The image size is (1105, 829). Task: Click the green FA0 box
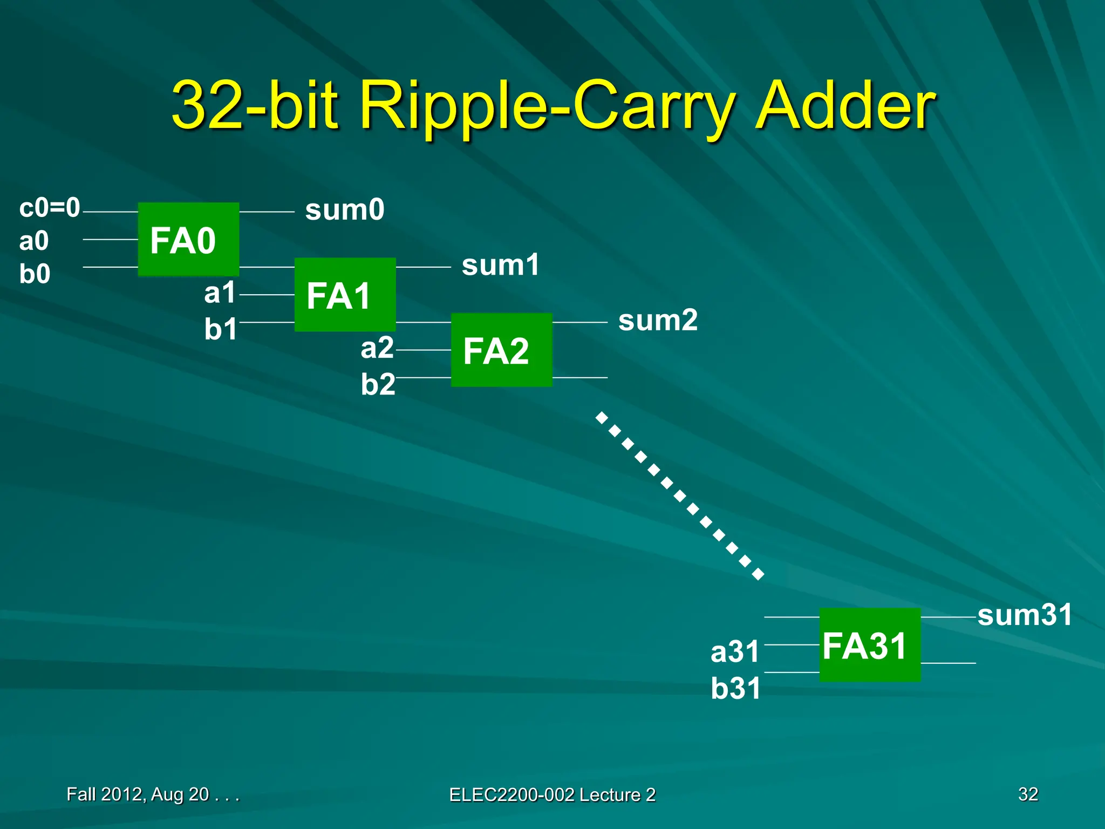coord(188,240)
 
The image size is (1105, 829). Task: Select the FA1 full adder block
coord(345,295)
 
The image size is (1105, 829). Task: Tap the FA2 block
coord(501,350)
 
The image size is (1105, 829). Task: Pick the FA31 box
coord(870,645)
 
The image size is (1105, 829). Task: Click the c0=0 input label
coord(50,208)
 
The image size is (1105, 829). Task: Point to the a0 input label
coord(34,241)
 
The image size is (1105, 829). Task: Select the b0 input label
coord(35,274)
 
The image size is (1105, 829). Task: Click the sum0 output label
coord(345,209)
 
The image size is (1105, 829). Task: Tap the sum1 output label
coord(500,265)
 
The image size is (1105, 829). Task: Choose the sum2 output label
coord(658,320)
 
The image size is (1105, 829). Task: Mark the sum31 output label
coord(1025,615)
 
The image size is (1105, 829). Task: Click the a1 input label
coord(220,293)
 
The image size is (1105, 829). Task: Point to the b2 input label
coord(378,384)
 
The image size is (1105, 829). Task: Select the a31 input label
coord(735,651)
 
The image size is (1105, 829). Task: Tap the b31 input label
coord(735,689)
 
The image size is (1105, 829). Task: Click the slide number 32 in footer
coord(1028,794)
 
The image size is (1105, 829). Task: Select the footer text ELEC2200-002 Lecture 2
coord(552,794)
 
